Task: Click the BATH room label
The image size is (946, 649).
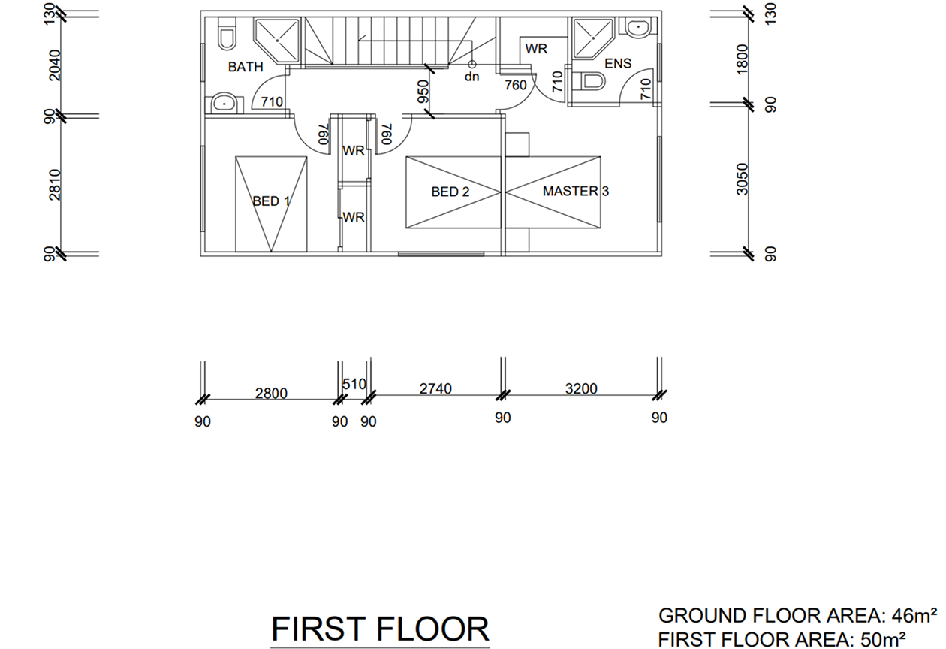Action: pyautogui.click(x=246, y=67)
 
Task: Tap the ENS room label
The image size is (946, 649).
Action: pyautogui.click(x=618, y=63)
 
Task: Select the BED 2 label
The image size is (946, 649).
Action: pyautogui.click(x=450, y=192)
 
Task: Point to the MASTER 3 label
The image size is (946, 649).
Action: pyautogui.click(x=576, y=191)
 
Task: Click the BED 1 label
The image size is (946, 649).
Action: pyautogui.click(x=271, y=201)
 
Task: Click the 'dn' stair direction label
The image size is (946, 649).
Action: pyautogui.click(x=471, y=77)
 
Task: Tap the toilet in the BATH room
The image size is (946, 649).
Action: pyautogui.click(x=227, y=35)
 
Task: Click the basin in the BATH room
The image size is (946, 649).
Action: pyautogui.click(x=224, y=104)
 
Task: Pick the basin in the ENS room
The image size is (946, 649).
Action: pyautogui.click(x=638, y=26)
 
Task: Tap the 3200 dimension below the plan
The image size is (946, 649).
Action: pyautogui.click(x=581, y=388)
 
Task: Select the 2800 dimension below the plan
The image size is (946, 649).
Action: pyautogui.click(x=271, y=394)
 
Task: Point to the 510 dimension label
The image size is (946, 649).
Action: pyautogui.click(x=354, y=384)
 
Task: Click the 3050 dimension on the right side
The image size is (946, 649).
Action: pyautogui.click(x=742, y=179)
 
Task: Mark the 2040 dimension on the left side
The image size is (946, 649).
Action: pyautogui.click(x=55, y=65)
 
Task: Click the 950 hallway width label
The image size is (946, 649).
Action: pyautogui.click(x=423, y=92)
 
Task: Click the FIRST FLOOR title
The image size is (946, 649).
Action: pyautogui.click(x=380, y=630)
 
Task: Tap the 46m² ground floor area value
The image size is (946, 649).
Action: pyautogui.click(x=914, y=616)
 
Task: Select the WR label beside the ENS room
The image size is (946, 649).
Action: pyautogui.click(x=536, y=49)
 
